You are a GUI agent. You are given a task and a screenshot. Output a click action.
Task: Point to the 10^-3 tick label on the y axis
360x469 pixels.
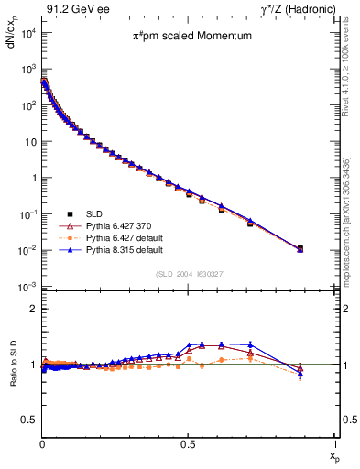[x=26, y=288]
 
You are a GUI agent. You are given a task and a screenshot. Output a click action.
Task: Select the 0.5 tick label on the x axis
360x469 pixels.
[x=188, y=443]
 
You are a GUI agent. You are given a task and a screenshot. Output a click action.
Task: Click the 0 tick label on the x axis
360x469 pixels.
[x=42, y=443]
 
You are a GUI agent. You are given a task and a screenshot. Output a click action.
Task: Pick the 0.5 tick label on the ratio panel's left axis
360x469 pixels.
[x=28, y=420]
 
